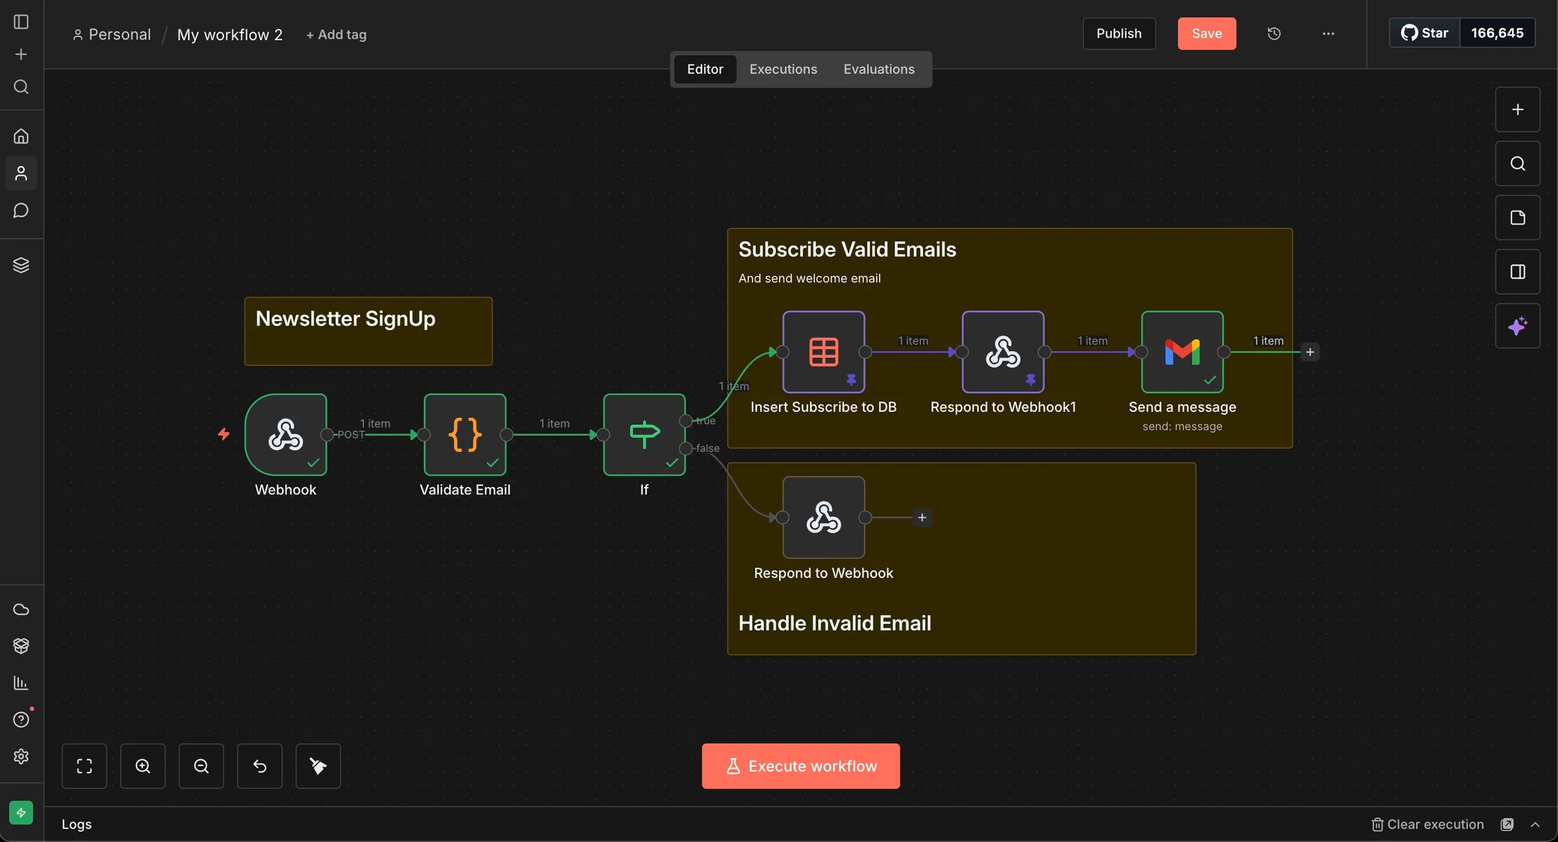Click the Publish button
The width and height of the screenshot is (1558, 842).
(1119, 34)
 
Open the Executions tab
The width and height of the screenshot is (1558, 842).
(783, 69)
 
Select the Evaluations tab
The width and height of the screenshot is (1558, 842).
(879, 69)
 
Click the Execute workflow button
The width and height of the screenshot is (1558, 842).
(800, 766)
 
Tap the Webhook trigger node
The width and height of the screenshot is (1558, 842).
(286, 435)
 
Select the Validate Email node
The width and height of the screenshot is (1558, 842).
(465, 435)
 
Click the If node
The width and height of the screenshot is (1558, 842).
(644, 435)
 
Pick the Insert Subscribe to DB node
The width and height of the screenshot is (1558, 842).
(824, 352)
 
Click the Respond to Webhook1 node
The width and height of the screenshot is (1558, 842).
(1003, 352)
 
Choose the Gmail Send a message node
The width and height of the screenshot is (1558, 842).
(1182, 352)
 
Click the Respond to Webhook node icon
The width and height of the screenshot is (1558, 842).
(824, 518)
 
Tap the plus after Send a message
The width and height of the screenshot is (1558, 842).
(1310, 352)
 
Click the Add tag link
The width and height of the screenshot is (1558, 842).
(336, 35)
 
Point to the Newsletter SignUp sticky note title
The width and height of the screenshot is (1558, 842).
(345, 319)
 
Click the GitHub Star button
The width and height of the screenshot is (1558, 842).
(1424, 33)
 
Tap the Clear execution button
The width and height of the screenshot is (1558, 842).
(1428, 824)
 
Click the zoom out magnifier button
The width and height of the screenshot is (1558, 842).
(201, 766)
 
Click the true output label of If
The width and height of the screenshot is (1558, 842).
(706, 421)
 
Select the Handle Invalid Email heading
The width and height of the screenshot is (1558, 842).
(835, 623)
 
